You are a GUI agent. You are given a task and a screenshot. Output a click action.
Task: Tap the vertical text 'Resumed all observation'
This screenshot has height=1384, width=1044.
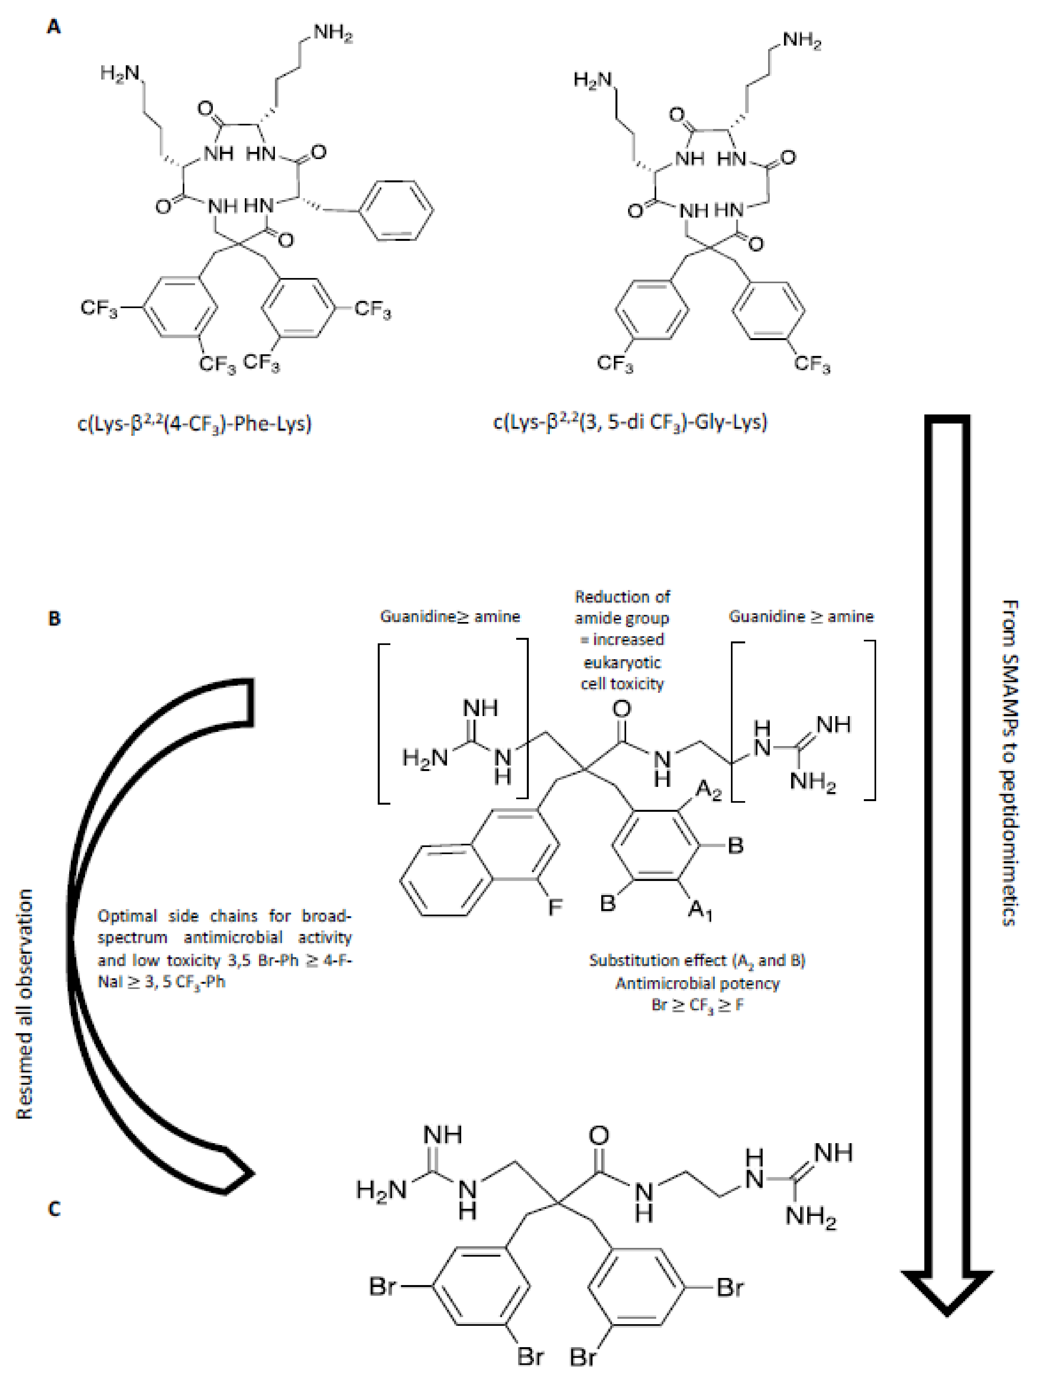pyautogui.click(x=24, y=1004)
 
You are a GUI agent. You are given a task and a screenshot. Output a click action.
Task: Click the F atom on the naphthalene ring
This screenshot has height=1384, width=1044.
pyautogui.click(x=555, y=907)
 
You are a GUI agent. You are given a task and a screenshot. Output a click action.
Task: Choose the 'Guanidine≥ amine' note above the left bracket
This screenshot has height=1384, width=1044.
pyautogui.click(x=450, y=616)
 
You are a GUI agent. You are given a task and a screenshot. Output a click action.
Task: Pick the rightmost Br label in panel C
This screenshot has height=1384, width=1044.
pyautogui.click(x=730, y=1288)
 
